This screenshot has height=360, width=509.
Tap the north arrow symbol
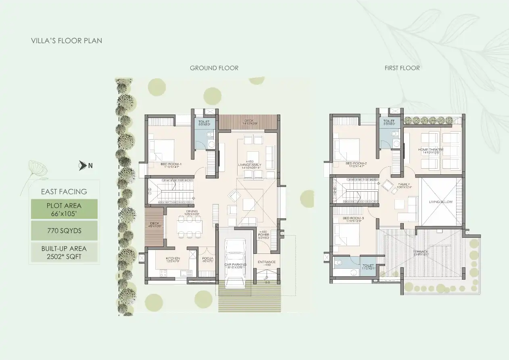click(82, 165)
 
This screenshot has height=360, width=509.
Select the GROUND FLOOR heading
click(214, 68)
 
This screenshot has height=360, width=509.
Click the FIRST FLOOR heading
click(402, 68)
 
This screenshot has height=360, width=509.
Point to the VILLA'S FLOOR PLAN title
click(67, 41)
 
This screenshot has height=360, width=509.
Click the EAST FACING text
click(64, 192)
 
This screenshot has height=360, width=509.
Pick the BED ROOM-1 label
click(171, 164)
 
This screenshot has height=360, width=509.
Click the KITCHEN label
click(173, 258)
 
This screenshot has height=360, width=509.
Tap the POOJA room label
click(207, 258)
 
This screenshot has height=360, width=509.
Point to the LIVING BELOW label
click(440, 202)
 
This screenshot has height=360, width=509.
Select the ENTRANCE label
click(267, 262)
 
